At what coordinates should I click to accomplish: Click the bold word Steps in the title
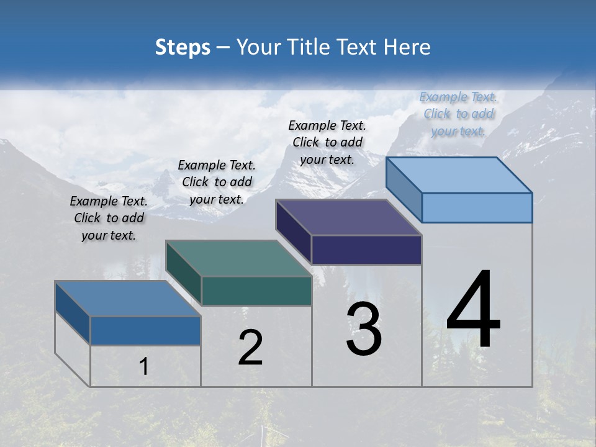[x=183, y=47]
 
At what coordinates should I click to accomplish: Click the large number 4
[x=473, y=310]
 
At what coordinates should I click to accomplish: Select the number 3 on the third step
[x=364, y=330]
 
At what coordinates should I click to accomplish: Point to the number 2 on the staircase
[x=250, y=348]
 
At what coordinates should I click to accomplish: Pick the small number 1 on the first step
[x=143, y=367]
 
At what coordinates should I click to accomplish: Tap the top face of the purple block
[x=349, y=217]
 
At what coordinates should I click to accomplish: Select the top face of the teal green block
[x=238, y=258]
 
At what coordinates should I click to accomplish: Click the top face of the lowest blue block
[x=128, y=299]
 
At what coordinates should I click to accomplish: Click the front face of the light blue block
[x=477, y=207]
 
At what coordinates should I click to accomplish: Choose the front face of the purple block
[x=366, y=250]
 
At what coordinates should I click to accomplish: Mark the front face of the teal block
[x=256, y=291]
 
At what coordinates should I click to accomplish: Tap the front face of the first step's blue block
[x=145, y=331]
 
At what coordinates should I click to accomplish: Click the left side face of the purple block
[x=293, y=233]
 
